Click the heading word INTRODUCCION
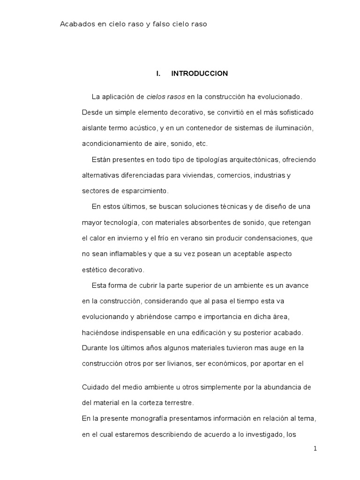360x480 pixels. click(199, 74)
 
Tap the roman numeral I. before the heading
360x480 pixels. click(158, 74)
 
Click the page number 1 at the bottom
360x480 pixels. click(315, 449)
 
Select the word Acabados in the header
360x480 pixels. click(76, 24)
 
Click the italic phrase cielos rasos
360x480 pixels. click(165, 97)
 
